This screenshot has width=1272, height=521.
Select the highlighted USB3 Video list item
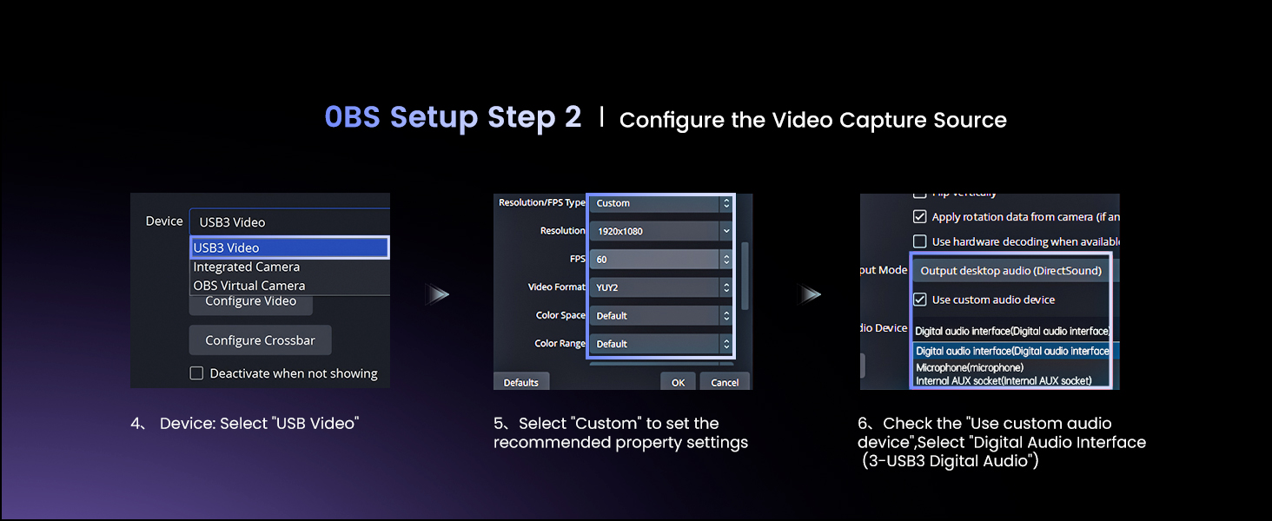point(289,248)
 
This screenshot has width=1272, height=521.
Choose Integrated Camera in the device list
point(247,267)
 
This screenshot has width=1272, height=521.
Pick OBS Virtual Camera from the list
point(249,286)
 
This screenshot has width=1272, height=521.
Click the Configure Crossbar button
point(260,340)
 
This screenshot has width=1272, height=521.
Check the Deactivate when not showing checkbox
point(196,373)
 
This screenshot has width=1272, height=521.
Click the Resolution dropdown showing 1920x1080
point(661,231)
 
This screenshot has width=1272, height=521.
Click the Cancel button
point(725,382)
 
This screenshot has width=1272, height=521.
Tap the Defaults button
point(520,382)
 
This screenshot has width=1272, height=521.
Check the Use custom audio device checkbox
point(920,299)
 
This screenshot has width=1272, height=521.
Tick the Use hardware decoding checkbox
point(920,241)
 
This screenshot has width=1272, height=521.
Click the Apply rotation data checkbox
point(920,216)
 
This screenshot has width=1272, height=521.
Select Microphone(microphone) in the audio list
point(970,367)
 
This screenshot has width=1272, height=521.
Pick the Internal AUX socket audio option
point(1004,380)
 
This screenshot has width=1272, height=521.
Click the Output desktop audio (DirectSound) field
point(1010,271)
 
